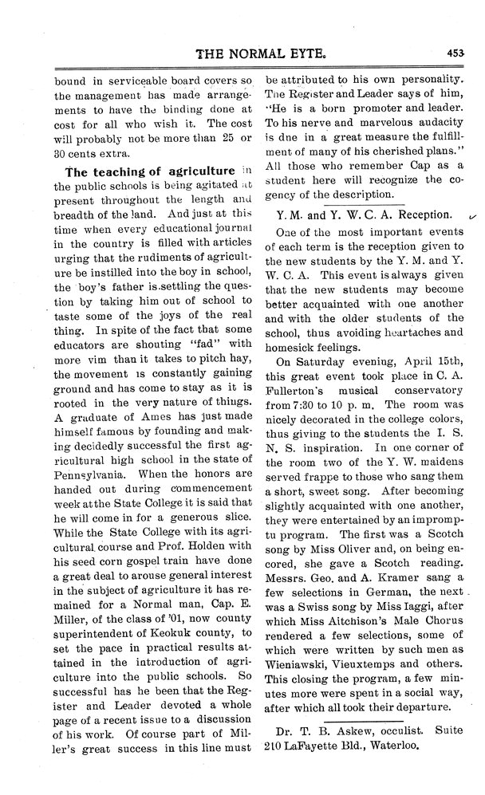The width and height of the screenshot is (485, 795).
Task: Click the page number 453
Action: (x=455, y=55)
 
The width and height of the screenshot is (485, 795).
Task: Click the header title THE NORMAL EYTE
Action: (x=260, y=55)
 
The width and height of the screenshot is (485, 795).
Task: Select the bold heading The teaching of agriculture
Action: (x=150, y=171)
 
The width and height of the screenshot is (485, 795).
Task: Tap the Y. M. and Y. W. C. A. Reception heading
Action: (x=363, y=214)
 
